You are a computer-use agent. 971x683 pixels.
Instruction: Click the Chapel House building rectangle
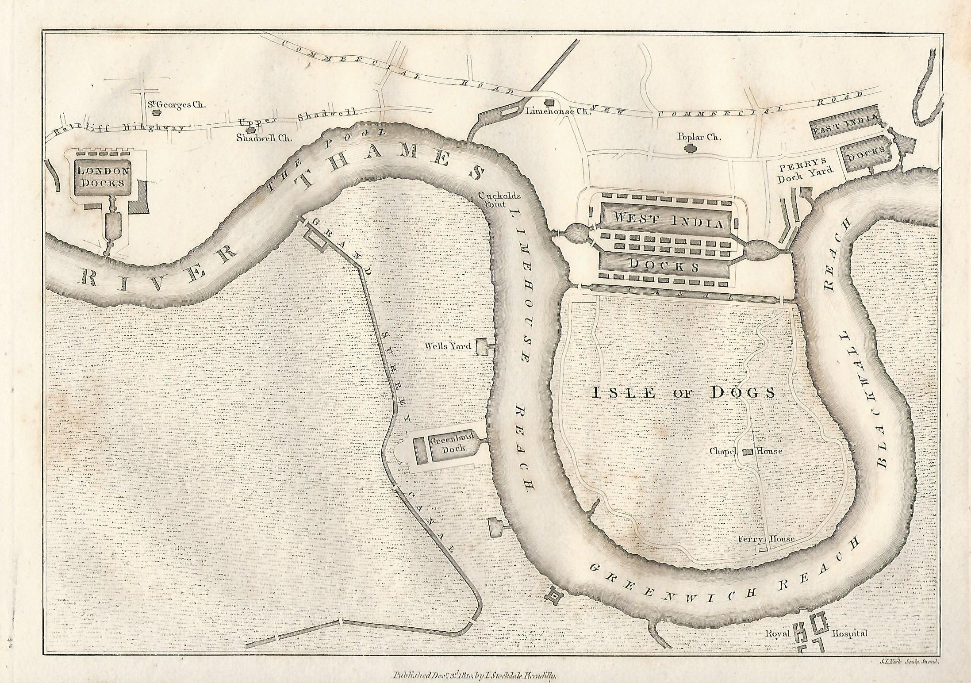click(748, 452)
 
